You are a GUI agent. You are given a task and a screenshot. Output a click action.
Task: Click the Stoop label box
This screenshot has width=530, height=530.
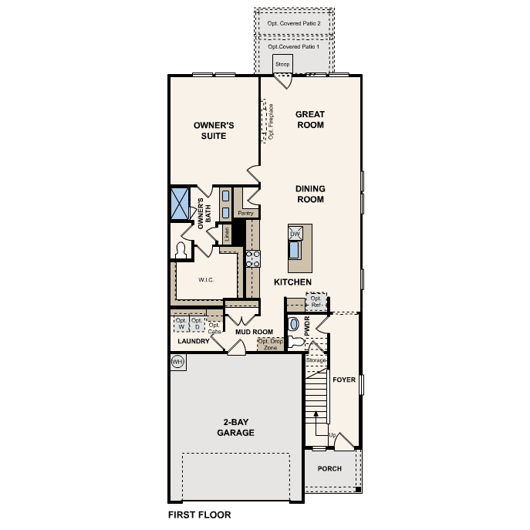point(282,64)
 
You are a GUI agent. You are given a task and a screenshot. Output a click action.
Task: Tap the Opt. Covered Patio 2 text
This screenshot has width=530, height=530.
point(294,24)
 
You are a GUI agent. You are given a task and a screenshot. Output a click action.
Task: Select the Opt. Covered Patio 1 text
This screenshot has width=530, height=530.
point(294,47)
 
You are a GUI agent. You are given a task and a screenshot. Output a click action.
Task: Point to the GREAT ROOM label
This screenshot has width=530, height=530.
point(309,120)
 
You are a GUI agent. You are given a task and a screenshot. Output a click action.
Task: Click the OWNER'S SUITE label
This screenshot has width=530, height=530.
point(214,130)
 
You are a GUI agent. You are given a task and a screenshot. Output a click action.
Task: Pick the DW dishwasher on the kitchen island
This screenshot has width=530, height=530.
point(295,233)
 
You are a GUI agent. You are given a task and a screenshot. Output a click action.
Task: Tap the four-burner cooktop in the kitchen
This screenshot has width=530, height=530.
point(251,258)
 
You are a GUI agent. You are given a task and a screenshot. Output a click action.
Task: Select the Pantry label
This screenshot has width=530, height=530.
point(246,213)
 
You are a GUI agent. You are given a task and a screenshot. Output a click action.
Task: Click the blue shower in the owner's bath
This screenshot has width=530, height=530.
point(180,204)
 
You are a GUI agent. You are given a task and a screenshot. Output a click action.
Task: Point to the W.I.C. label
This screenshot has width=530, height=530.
point(205,280)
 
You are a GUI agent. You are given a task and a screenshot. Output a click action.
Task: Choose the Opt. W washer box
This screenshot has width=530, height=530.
point(181,323)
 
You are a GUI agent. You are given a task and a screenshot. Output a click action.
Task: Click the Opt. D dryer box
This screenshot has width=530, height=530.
point(197,323)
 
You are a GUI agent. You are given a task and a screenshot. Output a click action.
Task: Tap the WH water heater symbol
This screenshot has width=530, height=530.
point(177,361)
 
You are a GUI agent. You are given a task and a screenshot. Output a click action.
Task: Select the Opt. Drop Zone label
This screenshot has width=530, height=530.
point(268,344)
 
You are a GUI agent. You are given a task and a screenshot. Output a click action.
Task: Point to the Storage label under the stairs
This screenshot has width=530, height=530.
point(316,360)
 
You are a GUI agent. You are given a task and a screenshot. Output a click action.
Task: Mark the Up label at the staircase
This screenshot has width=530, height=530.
point(333,435)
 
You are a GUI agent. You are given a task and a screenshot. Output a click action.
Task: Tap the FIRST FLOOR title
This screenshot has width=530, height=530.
point(199,514)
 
